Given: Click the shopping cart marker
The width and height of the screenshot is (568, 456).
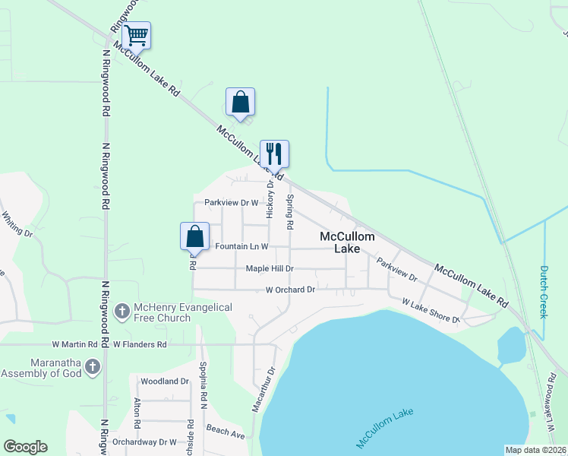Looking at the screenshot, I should coord(136,35).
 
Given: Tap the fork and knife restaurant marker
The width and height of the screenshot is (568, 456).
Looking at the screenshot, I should coord(274,154).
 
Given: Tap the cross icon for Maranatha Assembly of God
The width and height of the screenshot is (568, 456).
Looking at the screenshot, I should coord(93,366).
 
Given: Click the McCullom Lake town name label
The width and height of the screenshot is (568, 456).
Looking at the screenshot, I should coord(347,242).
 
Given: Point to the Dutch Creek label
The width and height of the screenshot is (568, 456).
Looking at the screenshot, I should coord(544,291).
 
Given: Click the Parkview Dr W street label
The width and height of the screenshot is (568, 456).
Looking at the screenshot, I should coord(232,203).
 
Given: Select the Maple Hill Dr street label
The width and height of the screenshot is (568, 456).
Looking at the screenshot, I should coord(270,268).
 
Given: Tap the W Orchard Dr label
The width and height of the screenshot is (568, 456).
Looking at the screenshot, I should coord(289,290).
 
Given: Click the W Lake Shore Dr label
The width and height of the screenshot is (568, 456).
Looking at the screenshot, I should coord(431,312).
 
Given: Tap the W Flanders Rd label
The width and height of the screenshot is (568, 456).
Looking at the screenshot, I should coord(139,344).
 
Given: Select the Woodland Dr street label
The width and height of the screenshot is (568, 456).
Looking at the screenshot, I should coord(164,381).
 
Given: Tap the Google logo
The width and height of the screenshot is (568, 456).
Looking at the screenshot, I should coord(25,447).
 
